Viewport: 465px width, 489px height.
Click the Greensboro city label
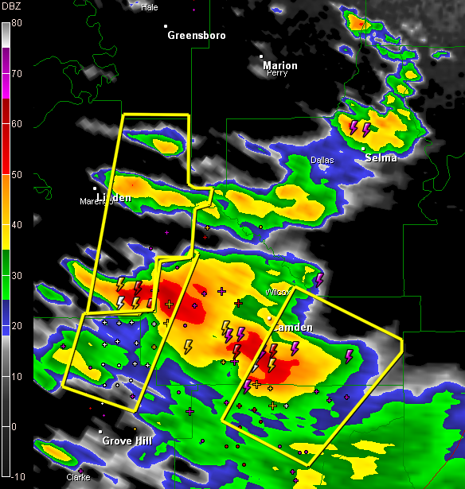pyautogui.click(x=196, y=35)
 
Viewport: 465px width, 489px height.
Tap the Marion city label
pyautogui.click(x=279, y=65)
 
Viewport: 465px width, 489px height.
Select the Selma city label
pyautogui.click(x=381, y=157)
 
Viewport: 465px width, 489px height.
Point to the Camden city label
pyautogui.click(x=292, y=328)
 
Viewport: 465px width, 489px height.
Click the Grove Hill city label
pyautogui.click(x=127, y=440)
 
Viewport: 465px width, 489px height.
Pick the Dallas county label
pyautogui.click(x=322, y=160)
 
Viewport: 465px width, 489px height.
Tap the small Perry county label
pyautogui.click(x=277, y=73)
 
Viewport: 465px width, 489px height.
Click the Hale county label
pyautogui.click(x=149, y=7)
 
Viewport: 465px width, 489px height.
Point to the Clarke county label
pyautogui.click(x=78, y=477)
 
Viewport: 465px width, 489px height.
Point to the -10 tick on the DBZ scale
pyautogui.click(x=15, y=476)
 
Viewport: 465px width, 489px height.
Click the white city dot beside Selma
pyautogui.click(x=363, y=148)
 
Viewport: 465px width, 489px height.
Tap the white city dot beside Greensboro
pyautogui.click(x=167, y=26)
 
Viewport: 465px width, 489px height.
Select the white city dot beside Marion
pyautogui.click(x=264, y=56)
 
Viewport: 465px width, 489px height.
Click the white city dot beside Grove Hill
pyautogui.click(x=101, y=431)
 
